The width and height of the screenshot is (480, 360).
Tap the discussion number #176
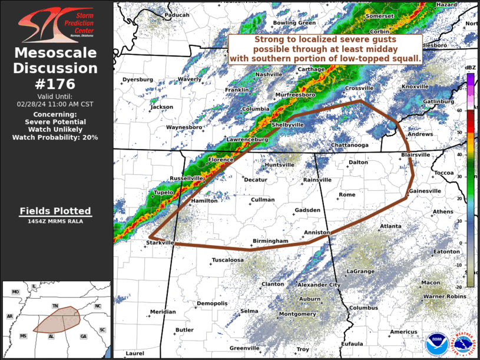point(55,84)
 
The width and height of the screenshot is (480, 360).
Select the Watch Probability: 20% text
point(55,137)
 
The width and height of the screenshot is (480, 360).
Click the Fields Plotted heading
point(55,211)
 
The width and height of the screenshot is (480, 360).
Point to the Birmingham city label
point(270,242)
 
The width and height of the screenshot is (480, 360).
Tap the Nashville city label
point(269,74)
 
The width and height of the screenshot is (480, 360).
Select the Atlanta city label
point(390,226)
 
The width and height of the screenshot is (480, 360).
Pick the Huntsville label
point(279,165)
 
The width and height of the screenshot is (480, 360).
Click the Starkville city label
point(160,242)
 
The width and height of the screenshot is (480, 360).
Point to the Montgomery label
point(297,314)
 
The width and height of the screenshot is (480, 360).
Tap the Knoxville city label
point(415,87)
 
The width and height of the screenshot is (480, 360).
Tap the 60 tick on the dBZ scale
point(459,110)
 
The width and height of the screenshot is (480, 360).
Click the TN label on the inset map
point(55,306)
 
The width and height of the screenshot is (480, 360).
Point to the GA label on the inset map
point(83,336)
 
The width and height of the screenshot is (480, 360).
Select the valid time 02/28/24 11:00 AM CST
point(55,104)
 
